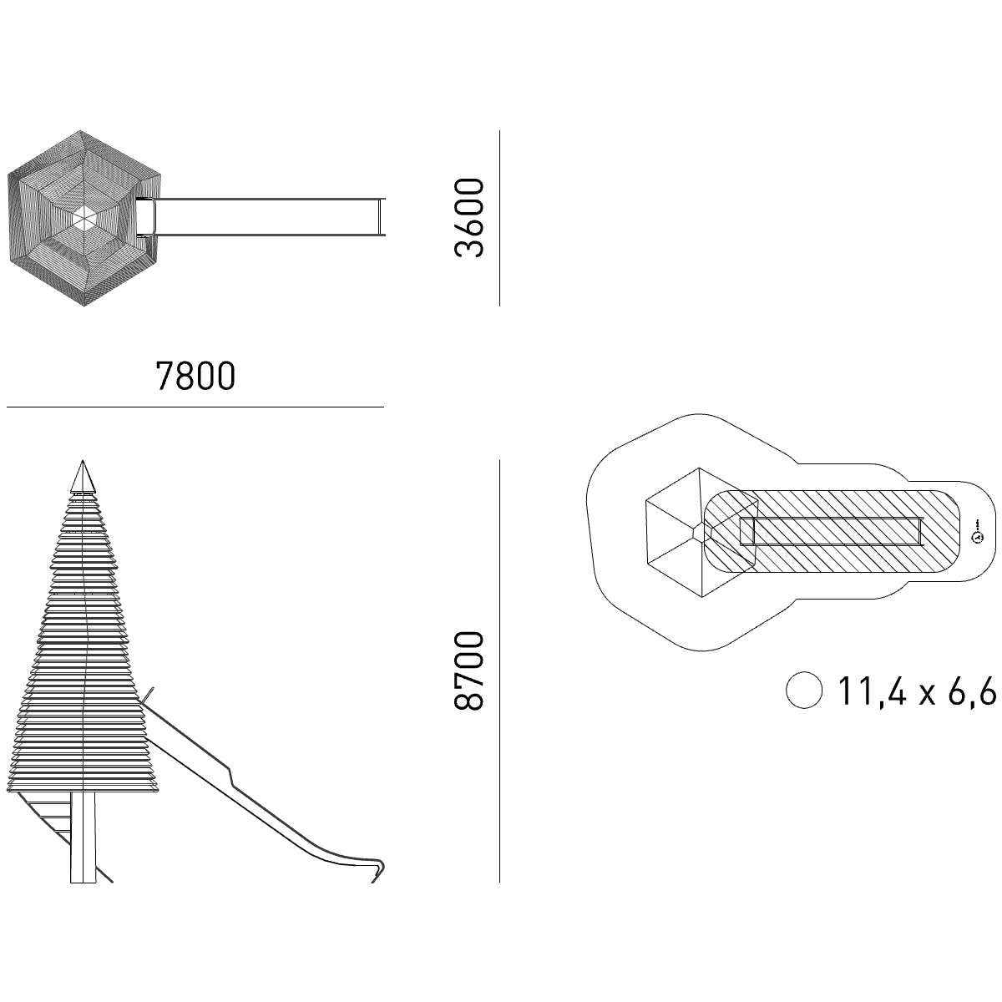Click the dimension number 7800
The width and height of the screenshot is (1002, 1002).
click(195, 376)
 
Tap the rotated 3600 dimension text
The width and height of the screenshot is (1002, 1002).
click(469, 218)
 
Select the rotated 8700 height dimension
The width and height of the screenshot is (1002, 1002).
click(469, 671)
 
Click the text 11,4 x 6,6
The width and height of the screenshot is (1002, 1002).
click(917, 690)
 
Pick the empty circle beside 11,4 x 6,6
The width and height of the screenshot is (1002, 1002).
click(804, 690)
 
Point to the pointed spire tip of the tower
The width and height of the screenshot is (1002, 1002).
click(83, 461)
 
